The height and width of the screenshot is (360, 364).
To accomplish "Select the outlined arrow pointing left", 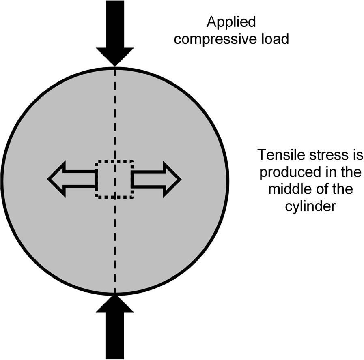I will pos(71,179).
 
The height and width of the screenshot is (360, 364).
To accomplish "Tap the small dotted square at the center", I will pos(114,179).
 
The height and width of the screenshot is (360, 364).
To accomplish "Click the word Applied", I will pos(231,22).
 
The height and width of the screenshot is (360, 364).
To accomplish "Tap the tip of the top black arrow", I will pos(115,65).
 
